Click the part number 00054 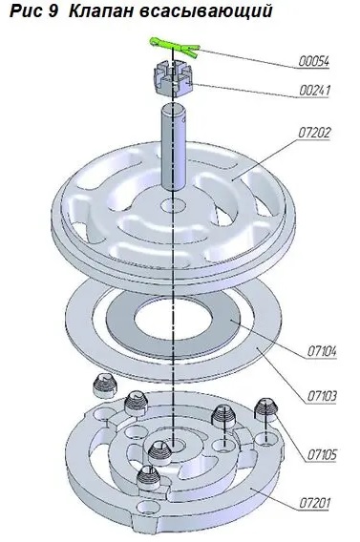coord(314,62)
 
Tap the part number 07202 coord(314,133)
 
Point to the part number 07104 coord(322,352)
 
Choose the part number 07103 coord(322,396)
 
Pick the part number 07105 coord(322,454)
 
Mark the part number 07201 coord(314,503)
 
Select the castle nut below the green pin coord(173,78)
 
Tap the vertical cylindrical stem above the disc coord(174,146)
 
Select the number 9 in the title coord(56,11)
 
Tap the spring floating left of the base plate coord(105,386)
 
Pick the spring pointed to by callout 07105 coord(266,410)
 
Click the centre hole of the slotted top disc coord(173,205)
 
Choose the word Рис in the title coord(28,11)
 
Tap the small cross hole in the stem coord(183,120)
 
